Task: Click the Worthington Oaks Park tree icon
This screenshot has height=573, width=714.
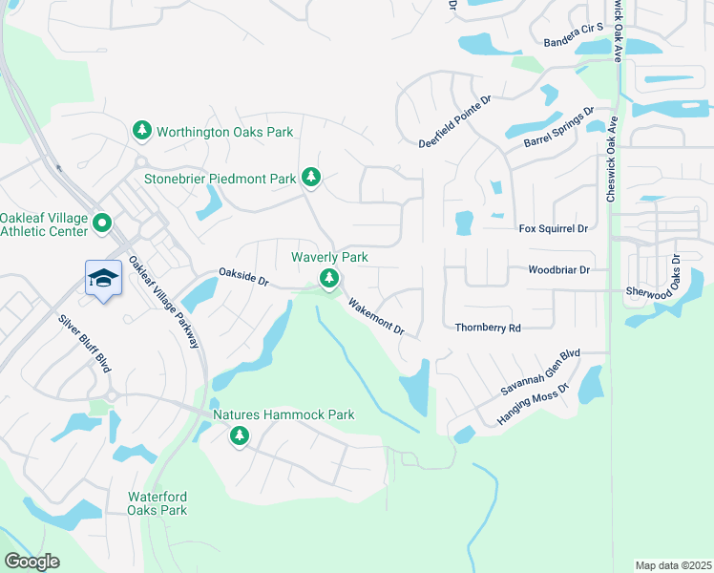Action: click(142, 131)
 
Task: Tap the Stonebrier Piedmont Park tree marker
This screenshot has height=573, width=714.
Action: click(310, 177)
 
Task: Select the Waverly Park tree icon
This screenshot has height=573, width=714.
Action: click(329, 278)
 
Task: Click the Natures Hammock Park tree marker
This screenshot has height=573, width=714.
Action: click(239, 436)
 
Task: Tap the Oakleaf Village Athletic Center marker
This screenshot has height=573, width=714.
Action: click(102, 224)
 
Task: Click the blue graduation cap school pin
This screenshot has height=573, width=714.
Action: click(103, 278)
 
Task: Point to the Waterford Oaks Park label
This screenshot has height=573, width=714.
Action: click(157, 503)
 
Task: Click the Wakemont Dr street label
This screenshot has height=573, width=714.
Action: click(377, 316)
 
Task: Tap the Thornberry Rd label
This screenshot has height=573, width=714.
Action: click(488, 328)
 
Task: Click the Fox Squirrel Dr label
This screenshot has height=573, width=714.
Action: click(553, 229)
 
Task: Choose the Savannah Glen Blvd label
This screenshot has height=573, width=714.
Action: click(541, 372)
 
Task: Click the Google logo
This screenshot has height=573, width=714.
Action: click(31, 562)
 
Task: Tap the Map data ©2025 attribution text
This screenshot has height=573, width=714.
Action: click(673, 564)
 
